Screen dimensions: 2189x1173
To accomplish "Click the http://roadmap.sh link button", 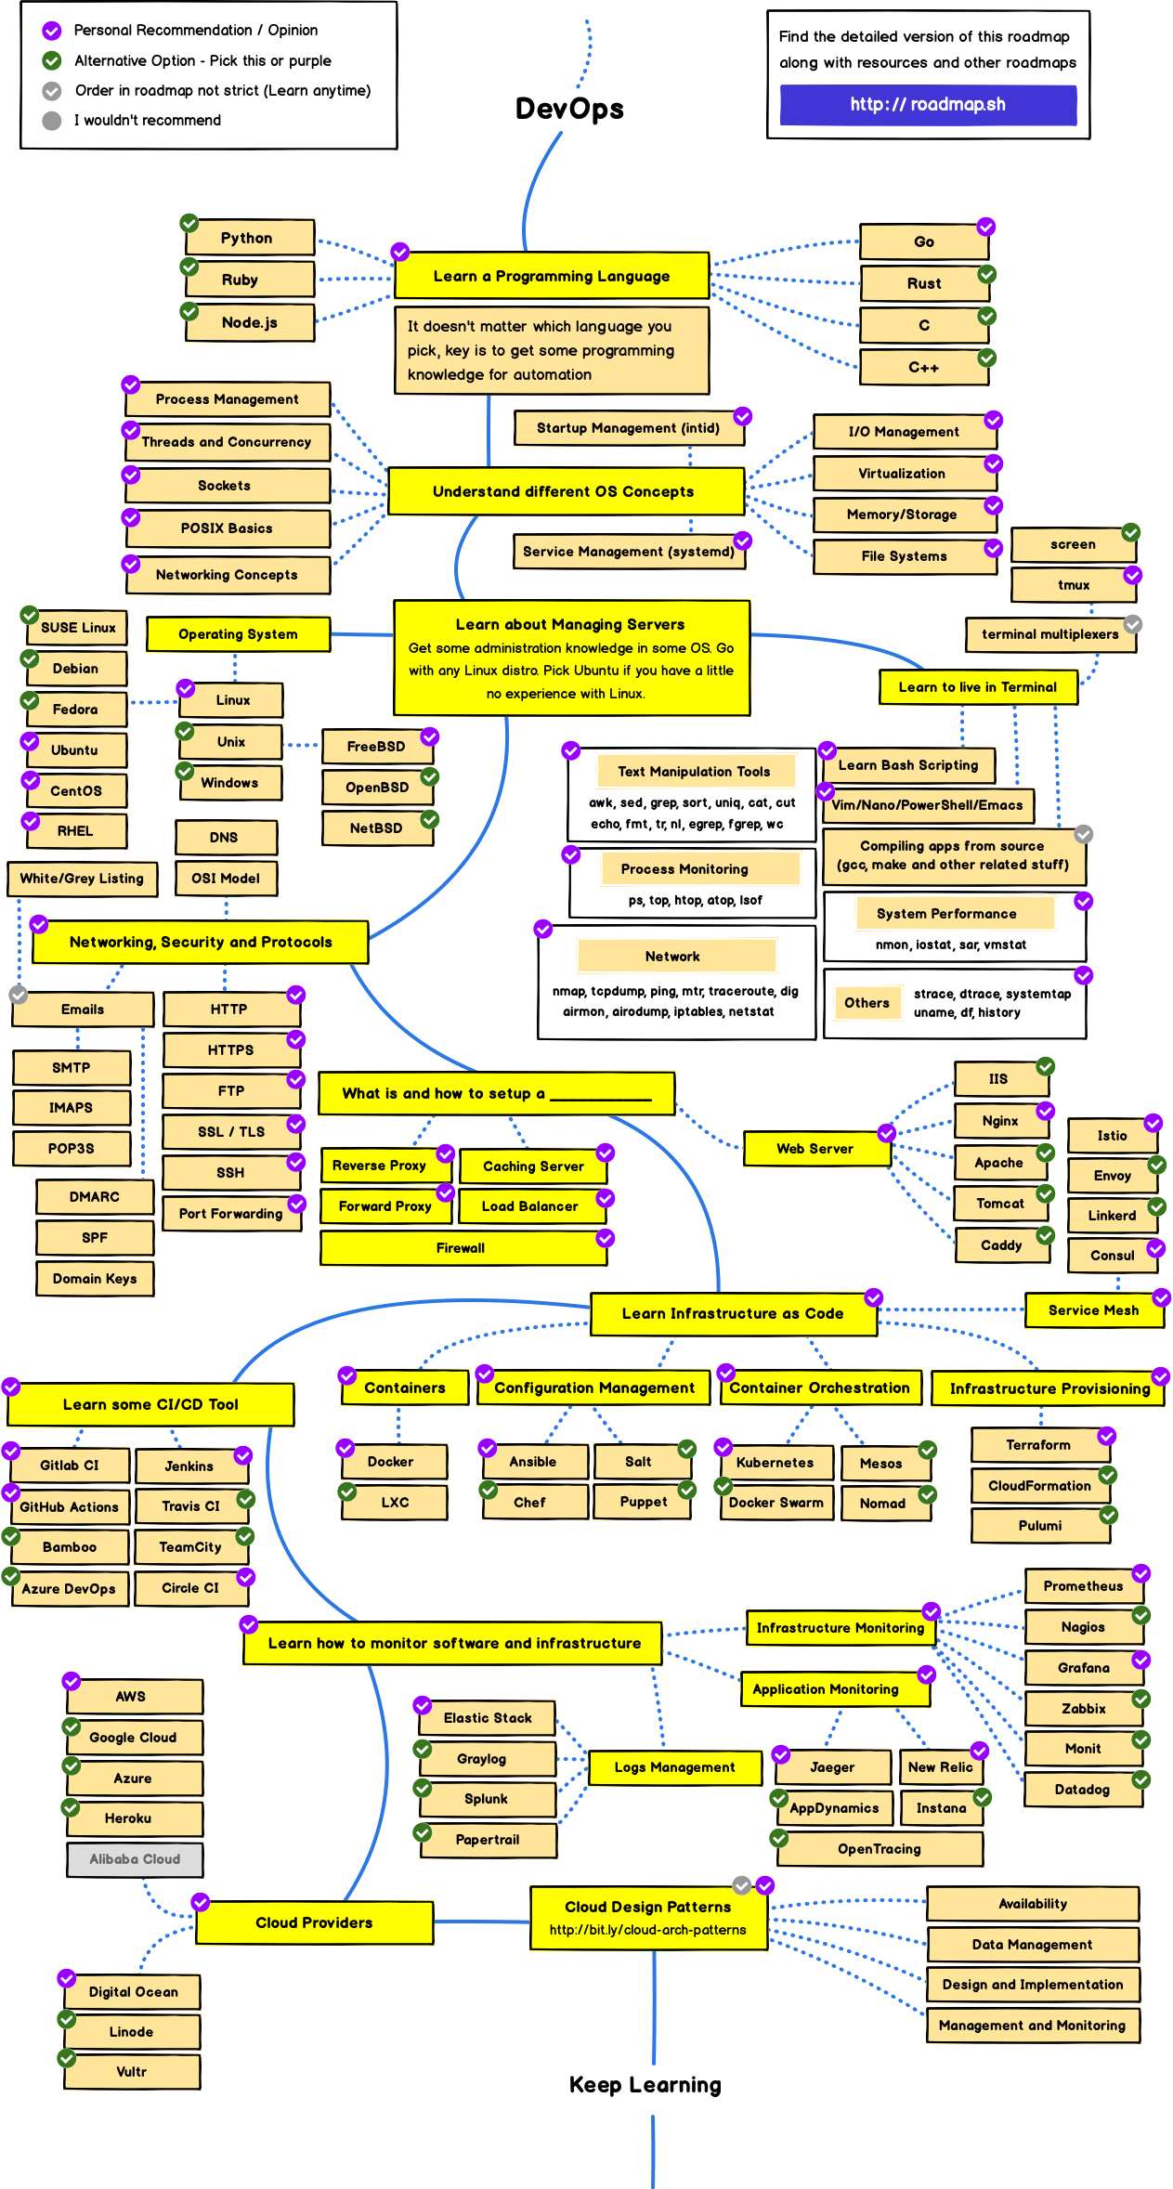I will coord(928,104).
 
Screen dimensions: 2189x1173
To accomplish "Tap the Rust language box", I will coord(924,283).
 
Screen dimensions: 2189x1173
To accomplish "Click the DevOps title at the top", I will coord(569,109).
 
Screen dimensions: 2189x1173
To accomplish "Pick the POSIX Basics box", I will coord(228,528).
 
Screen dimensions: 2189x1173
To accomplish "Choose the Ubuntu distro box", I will coord(75,749).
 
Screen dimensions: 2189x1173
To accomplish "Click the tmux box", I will coord(1074,585).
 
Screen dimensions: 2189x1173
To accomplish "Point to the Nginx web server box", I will coord(1001,1121).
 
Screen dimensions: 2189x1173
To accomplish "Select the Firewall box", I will coord(462,1248).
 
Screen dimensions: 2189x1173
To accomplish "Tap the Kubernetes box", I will coord(775,1462).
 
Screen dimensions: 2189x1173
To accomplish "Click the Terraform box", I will coord(1039,1445).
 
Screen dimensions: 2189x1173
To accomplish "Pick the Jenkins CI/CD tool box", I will coord(190,1466).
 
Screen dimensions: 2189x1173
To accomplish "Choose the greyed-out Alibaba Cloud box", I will coord(136,1858).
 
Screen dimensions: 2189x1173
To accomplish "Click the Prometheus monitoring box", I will coord(1083,1585).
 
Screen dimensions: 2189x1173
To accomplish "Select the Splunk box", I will coord(487,1799).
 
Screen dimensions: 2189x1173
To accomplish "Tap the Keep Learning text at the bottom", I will coord(645,2085).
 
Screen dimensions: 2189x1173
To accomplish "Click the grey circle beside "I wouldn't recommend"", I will coord(52,121).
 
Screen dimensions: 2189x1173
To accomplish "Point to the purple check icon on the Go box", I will coord(986,227).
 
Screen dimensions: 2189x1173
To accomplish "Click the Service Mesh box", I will coord(1093,1309).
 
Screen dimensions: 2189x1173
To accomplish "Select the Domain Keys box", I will coord(95,1279).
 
